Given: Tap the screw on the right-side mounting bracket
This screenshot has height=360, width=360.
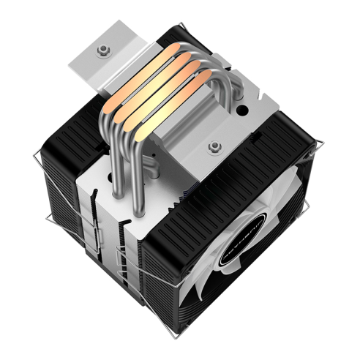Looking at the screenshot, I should click(x=215, y=149).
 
